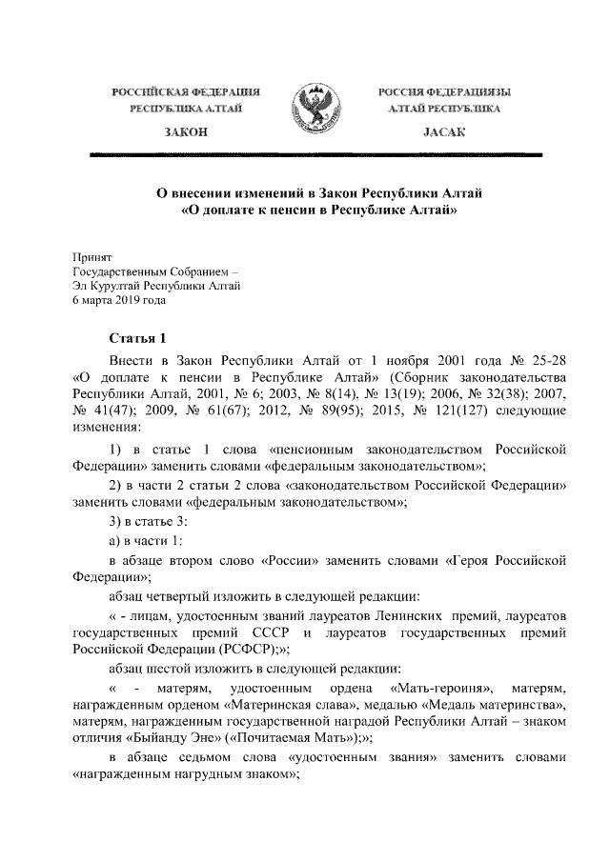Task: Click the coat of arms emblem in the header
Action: pyautogui.click(x=305, y=110)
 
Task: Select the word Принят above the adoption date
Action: pyautogui.click(x=92, y=256)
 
